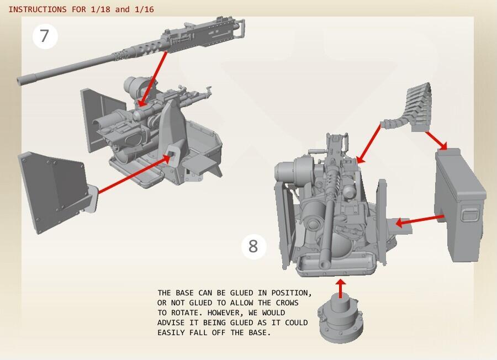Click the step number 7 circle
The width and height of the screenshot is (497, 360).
45,36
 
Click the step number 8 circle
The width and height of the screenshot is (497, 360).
253,246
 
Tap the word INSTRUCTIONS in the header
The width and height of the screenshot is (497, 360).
38,9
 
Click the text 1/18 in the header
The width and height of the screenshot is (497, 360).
100,9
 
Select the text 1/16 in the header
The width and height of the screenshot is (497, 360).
144,9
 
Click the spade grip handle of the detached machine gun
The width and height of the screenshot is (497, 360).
240,28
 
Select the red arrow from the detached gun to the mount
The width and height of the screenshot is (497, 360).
153,78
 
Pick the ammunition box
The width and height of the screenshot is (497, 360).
459,205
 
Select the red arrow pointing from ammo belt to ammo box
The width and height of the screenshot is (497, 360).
436,140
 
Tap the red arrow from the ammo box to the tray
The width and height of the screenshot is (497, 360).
420,220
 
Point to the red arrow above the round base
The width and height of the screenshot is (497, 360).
340,288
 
